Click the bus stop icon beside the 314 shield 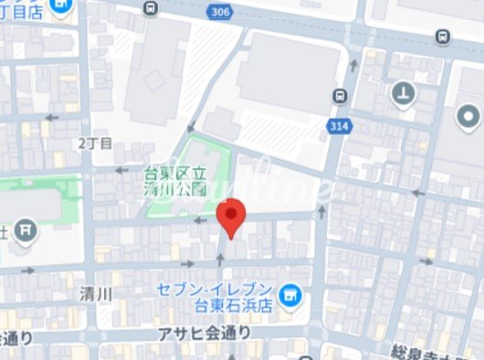click(x=340, y=94)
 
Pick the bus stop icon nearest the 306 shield click(x=150, y=7)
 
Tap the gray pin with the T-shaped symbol click(x=403, y=91)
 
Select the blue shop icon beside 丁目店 click(x=61, y=8)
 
